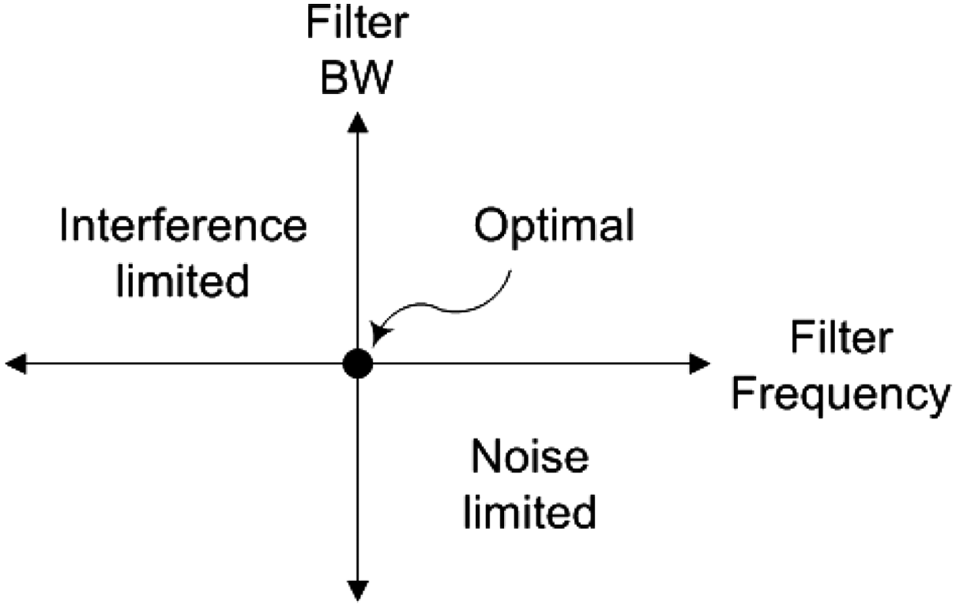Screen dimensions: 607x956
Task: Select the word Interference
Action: [183, 225]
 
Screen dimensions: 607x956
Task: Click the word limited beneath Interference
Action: [182, 280]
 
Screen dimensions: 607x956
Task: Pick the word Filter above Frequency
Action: [841, 338]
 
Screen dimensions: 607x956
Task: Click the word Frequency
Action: [841, 395]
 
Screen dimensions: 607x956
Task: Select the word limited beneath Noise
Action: [529, 511]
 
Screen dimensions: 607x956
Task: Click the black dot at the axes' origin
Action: [358, 364]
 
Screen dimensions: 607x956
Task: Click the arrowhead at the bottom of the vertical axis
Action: [358, 590]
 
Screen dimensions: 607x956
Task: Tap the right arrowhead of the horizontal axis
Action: [699, 364]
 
